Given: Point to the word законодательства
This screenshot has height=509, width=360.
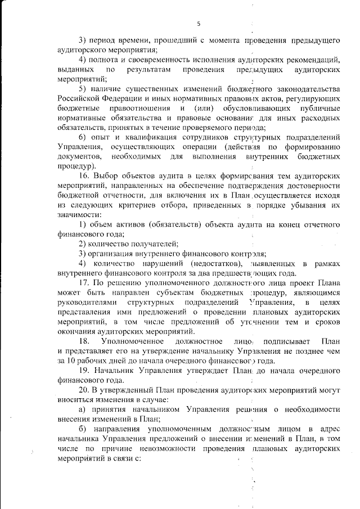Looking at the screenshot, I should point(306,89).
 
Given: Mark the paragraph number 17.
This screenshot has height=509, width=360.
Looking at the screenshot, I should point(84,283).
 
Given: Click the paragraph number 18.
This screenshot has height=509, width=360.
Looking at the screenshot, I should point(84,341).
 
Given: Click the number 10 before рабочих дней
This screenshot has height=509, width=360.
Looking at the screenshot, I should point(71,361).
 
